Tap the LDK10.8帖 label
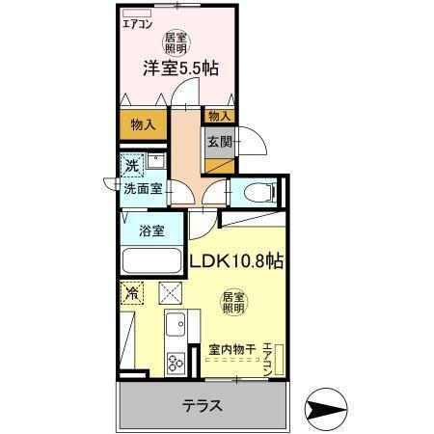[x=234, y=260]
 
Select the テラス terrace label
[x=203, y=405]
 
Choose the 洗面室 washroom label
[x=142, y=189]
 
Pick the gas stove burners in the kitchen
[x=176, y=364]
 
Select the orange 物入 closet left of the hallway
[x=143, y=123]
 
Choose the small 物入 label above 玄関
[x=219, y=116]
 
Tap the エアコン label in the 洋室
[x=138, y=25]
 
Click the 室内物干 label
[x=231, y=349]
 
